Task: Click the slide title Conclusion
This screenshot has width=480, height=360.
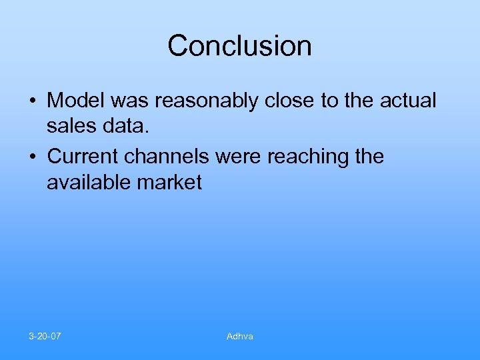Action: click(x=239, y=46)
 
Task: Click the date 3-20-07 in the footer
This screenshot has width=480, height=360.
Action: click(x=45, y=336)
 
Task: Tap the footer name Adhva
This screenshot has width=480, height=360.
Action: click(x=239, y=336)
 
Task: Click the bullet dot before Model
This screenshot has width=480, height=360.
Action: click(x=32, y=102)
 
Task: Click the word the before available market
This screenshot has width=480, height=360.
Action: click(x=370, y=157)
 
